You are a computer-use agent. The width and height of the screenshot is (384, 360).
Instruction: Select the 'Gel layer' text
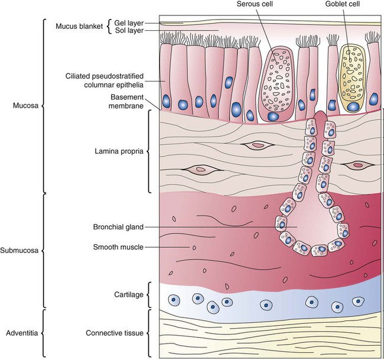click(126, 22)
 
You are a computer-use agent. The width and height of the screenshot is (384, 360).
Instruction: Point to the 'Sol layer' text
click(126, 31)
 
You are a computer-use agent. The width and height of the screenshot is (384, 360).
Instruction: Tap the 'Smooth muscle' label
click(119, 247)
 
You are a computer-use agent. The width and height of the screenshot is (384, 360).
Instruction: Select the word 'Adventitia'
click(19, 333)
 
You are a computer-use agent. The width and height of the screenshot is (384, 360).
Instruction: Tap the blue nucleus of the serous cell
click(273, 116)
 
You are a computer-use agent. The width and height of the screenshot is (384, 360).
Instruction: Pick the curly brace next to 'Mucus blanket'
click(109, 27)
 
